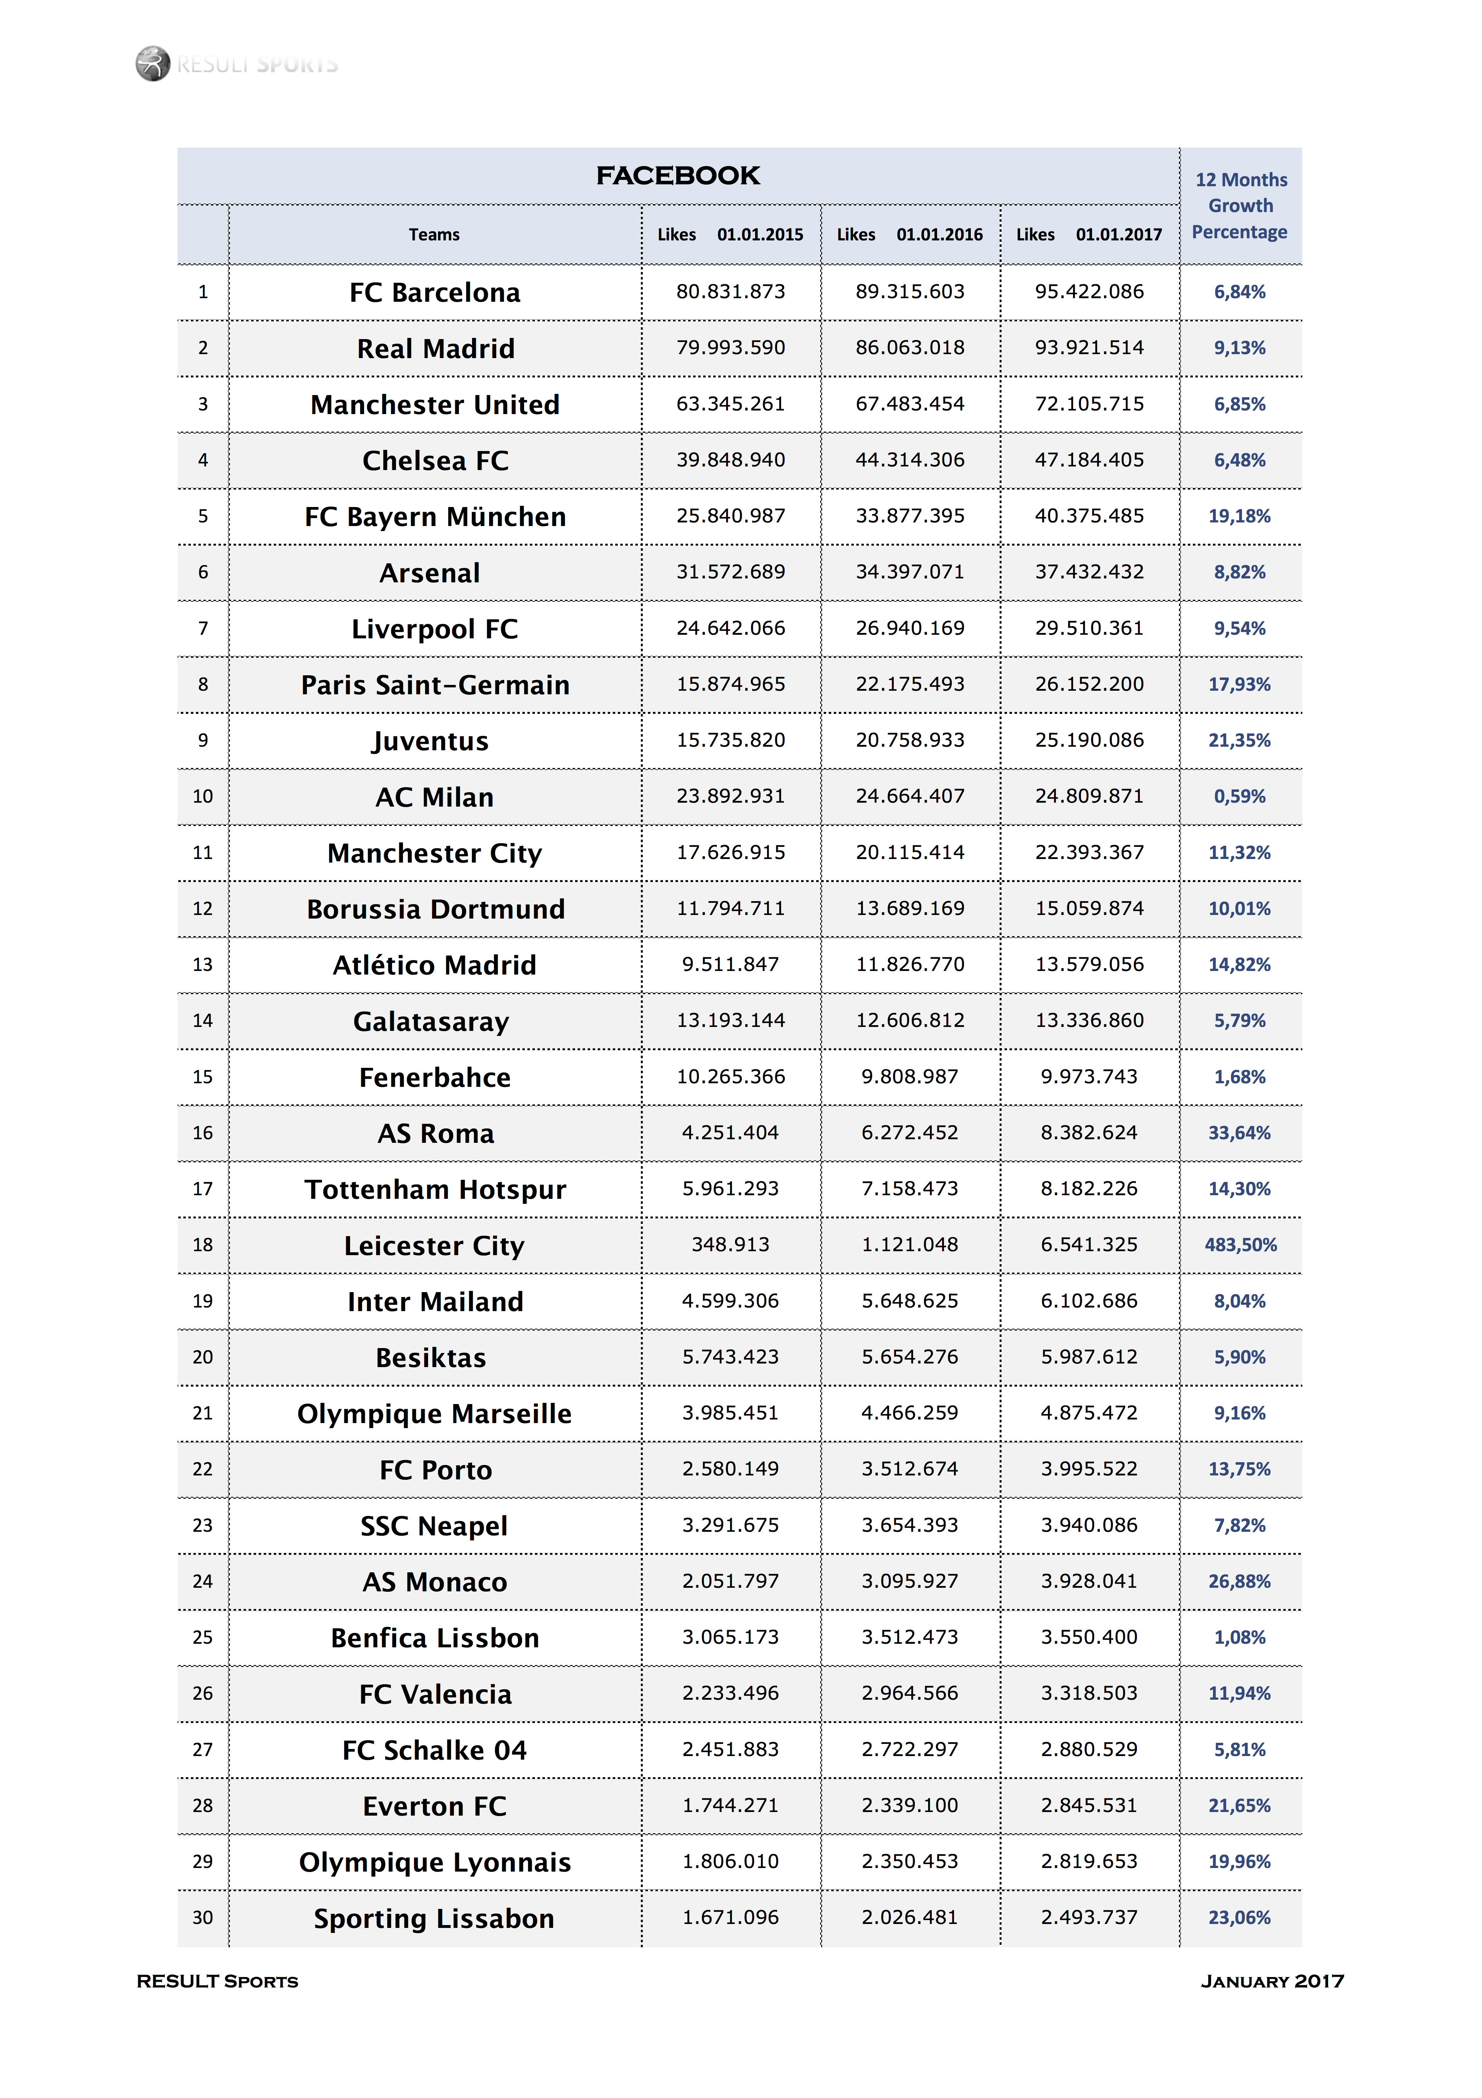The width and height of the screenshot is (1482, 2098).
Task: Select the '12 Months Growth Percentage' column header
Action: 1240,206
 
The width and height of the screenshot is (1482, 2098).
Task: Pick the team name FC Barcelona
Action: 435,292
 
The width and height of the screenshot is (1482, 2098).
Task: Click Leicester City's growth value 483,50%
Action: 1240,1244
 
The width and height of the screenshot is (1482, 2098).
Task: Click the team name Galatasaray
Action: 431,1021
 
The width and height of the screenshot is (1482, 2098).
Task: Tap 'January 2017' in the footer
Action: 1272,1981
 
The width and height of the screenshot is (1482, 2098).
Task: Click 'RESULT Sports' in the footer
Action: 217,1981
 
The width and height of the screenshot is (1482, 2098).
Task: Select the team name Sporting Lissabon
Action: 434,1918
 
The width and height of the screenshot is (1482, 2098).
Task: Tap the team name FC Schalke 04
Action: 435,1750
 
